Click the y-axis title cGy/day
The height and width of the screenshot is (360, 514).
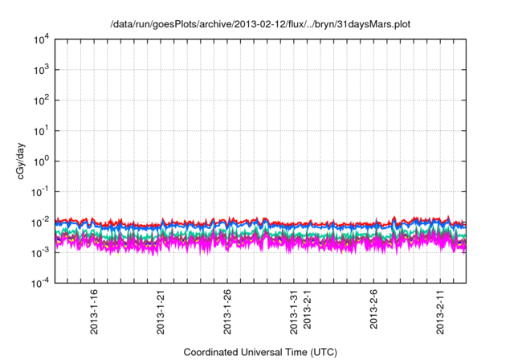[21, 160]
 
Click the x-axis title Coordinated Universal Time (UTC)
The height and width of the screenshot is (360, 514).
[259, 352]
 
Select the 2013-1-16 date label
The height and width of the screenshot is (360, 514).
[95, 309]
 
